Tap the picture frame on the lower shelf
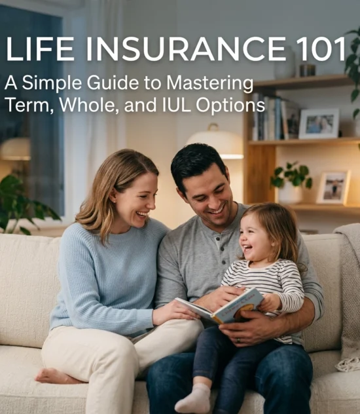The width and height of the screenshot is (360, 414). (333, 188)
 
